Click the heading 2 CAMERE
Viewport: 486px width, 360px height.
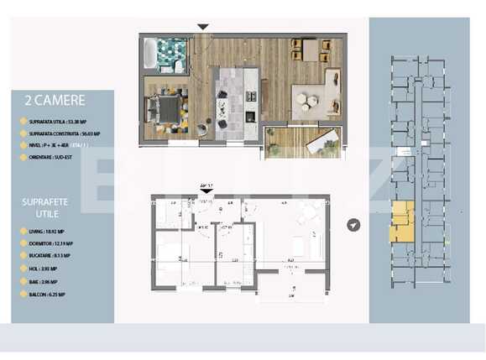point(55,101)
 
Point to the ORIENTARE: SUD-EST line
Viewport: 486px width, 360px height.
point(50,154)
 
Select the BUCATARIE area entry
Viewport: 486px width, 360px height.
point(49,255)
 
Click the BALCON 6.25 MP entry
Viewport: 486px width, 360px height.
point(47,295)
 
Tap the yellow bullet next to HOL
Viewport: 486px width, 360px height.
point(22,269)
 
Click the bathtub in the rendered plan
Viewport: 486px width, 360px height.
point(150,54)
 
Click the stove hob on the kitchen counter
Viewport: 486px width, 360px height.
point(250,117)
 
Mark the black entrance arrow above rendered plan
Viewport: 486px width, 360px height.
point(202,27)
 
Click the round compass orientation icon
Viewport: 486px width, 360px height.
point(355,226)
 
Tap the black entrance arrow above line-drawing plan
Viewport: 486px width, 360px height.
point(207,192)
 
